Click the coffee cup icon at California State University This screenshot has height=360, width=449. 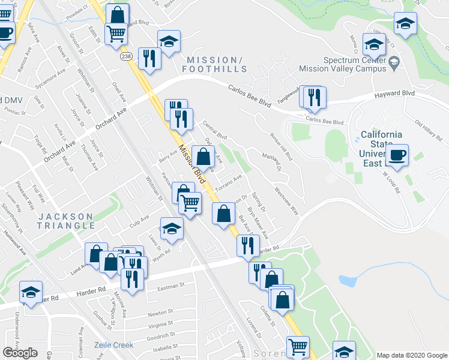397,155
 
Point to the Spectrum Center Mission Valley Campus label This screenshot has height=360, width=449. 354,64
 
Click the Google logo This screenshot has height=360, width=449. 20,353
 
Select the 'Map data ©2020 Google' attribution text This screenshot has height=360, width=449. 411,355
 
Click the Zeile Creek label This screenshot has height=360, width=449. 113,345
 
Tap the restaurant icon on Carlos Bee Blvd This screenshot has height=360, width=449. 314,98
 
